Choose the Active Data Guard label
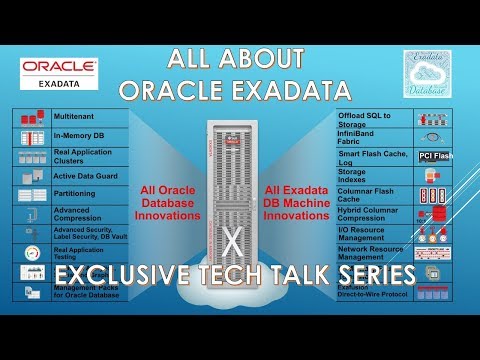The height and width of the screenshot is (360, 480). click(x=83, y=176)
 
